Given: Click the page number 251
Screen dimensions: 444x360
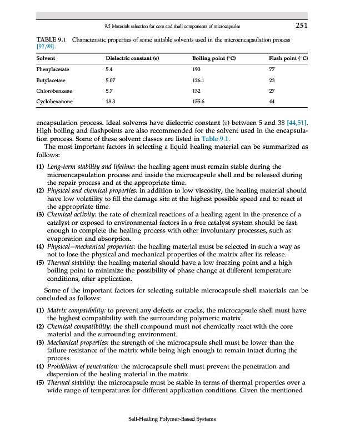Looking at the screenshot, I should pos(301,25).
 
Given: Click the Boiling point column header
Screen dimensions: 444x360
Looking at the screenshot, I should pos(214,58).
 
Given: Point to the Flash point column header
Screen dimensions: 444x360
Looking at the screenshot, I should pos(288,58).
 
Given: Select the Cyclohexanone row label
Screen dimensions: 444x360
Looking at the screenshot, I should pos(54,102).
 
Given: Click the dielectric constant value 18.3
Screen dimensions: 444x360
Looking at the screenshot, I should pos(110,102).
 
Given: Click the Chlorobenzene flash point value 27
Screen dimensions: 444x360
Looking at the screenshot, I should pos(271,90).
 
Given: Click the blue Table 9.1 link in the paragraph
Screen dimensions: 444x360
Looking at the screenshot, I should pos(228,138).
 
